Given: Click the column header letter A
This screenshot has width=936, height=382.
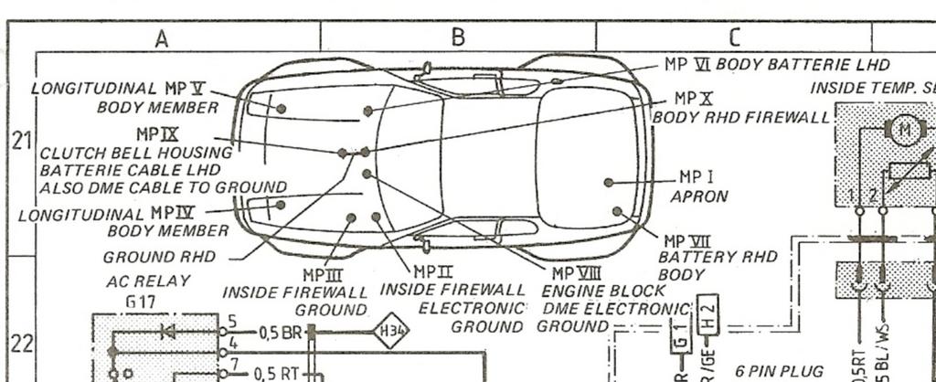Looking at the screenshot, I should [162, 37].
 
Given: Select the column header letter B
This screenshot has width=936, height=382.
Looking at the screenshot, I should [458, 37].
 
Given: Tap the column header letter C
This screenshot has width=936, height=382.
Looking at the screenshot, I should [733, 37].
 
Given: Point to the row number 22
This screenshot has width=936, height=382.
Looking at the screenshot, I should [21, 344].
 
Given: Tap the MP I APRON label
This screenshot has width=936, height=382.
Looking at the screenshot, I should [699, 186].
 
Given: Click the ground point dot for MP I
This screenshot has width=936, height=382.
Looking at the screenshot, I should [609, 182].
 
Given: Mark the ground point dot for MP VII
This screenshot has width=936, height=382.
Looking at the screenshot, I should [618, 211].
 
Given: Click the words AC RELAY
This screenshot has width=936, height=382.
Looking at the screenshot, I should [135, 281].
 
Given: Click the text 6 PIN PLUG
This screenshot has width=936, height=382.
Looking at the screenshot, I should [780, 371].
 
